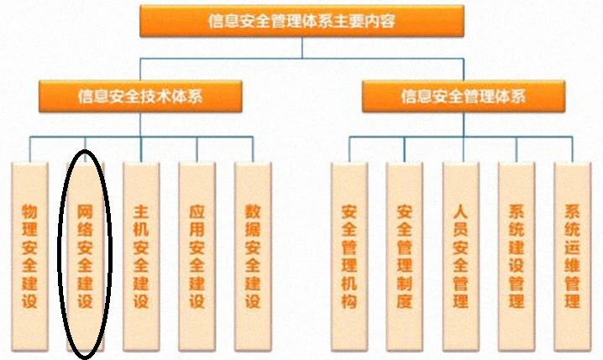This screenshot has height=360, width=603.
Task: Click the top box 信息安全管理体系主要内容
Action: coord(301,21)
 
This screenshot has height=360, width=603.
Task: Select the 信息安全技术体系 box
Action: coord(140,96)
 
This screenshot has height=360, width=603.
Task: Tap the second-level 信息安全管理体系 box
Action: coord(464,96)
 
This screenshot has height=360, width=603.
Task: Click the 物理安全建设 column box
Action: coord(29,256)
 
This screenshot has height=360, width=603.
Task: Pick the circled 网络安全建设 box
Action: coord(86,256)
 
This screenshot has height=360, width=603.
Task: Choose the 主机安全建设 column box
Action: coord(141,256)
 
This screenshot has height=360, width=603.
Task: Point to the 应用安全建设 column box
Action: coord(197,256)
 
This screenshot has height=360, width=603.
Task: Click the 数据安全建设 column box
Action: coord(253,256)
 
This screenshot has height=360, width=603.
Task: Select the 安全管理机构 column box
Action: coord(349,256)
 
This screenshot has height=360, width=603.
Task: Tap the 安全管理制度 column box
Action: coord(405,256)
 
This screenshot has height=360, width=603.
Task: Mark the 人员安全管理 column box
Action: coord(461,256)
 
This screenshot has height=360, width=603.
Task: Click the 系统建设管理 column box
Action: coord(516,256)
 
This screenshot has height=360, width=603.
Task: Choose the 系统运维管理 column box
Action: coord(572,256)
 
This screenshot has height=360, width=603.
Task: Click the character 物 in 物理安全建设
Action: coord(29,211)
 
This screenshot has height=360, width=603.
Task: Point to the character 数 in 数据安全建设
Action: coord(253,211)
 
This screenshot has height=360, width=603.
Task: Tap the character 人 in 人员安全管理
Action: coord(461,211)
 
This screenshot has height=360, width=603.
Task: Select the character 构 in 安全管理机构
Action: coord(349,300)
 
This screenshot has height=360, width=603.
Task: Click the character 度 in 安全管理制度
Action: coord(405,300)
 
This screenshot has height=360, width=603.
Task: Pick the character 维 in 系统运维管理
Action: coord(572,265)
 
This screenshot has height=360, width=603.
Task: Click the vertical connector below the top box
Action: coord(302,48)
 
